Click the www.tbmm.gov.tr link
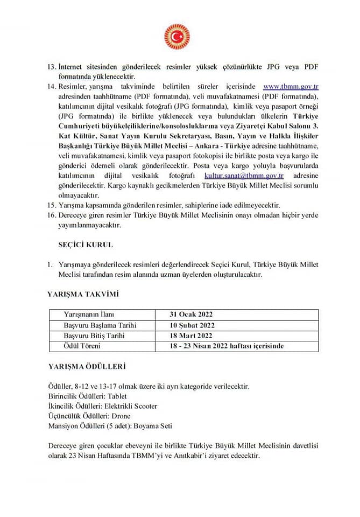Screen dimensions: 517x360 tap(291, 86)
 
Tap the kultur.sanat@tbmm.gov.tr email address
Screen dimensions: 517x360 tap(244, 176)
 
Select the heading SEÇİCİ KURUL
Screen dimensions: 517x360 tap(86, 244)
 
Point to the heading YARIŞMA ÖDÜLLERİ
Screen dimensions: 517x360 tap(86, 366)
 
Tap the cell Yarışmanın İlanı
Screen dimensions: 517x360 tap(89, 315)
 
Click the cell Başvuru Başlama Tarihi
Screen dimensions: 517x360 tap(100, 325)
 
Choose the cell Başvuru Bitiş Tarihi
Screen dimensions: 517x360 tap(95, 336)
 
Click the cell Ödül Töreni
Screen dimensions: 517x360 tap(82, 346)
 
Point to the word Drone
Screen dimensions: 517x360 tap(121, 416)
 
